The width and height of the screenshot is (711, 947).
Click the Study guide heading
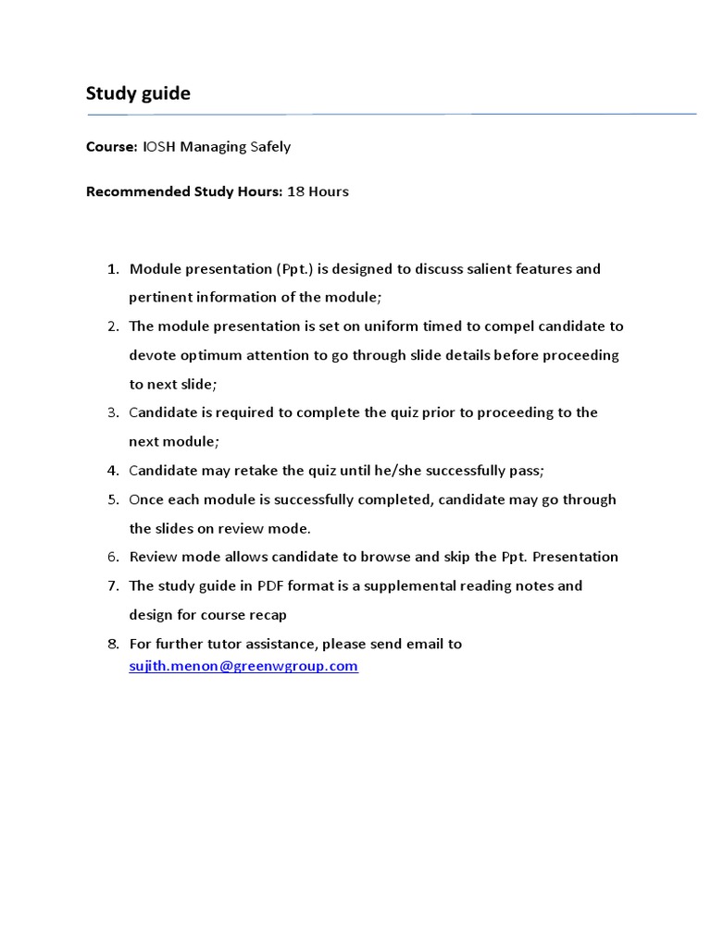(x=138, y=93)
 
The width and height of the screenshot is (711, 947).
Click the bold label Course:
(x=112, y=146)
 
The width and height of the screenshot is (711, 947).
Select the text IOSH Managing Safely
(x=217, y=146)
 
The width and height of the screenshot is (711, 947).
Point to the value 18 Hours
(x=318, y=191)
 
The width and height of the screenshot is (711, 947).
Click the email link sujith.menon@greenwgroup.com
(x=243, y=666)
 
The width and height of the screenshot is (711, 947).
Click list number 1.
(x=113, y=269)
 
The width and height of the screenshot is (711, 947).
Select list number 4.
(x=113, y=471)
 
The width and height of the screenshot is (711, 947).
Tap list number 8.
(x=113, y=644)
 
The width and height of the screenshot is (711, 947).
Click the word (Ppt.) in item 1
(x=294, y=269)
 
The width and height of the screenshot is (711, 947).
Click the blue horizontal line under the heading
(x=392, y=115)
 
